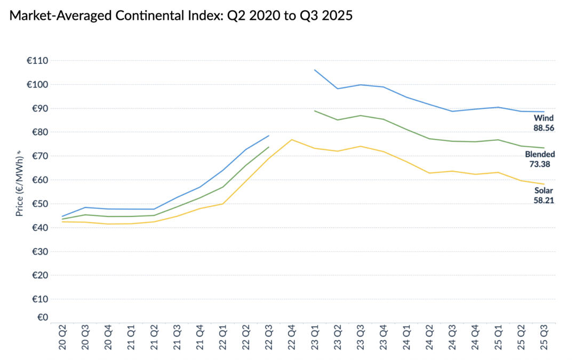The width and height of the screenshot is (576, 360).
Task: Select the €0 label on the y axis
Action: (x=41, y=317)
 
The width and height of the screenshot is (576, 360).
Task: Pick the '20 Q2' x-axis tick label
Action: (x=62, y=338)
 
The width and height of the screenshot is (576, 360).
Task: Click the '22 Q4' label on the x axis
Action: (x=291, y=338)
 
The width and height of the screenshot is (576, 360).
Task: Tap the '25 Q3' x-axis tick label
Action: (x=543, y=338)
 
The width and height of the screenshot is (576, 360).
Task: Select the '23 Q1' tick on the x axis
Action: (x=314, y=338)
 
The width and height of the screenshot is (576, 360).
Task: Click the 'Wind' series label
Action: (x=544, y=118)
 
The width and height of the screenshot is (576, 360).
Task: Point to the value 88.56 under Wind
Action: (x=544, y=128)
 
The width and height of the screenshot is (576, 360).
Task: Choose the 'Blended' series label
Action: (x=540, y=154)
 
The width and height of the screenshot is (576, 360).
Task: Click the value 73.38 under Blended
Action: (x=540, y=164)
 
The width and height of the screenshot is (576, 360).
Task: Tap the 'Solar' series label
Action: (x=544, y=190)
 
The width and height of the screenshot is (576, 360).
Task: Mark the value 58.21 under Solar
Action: (x=544, y=201)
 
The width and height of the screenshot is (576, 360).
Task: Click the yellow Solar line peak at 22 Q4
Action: (x=291, y=140)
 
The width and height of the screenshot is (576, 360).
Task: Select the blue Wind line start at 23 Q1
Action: (x=315, y=70)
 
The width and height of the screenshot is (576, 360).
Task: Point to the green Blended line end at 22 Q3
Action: (x=268, y=147)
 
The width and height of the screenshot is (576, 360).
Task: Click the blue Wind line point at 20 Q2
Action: (x=62, y=216)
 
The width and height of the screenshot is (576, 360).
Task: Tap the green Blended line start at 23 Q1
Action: (x=315, y=111)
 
